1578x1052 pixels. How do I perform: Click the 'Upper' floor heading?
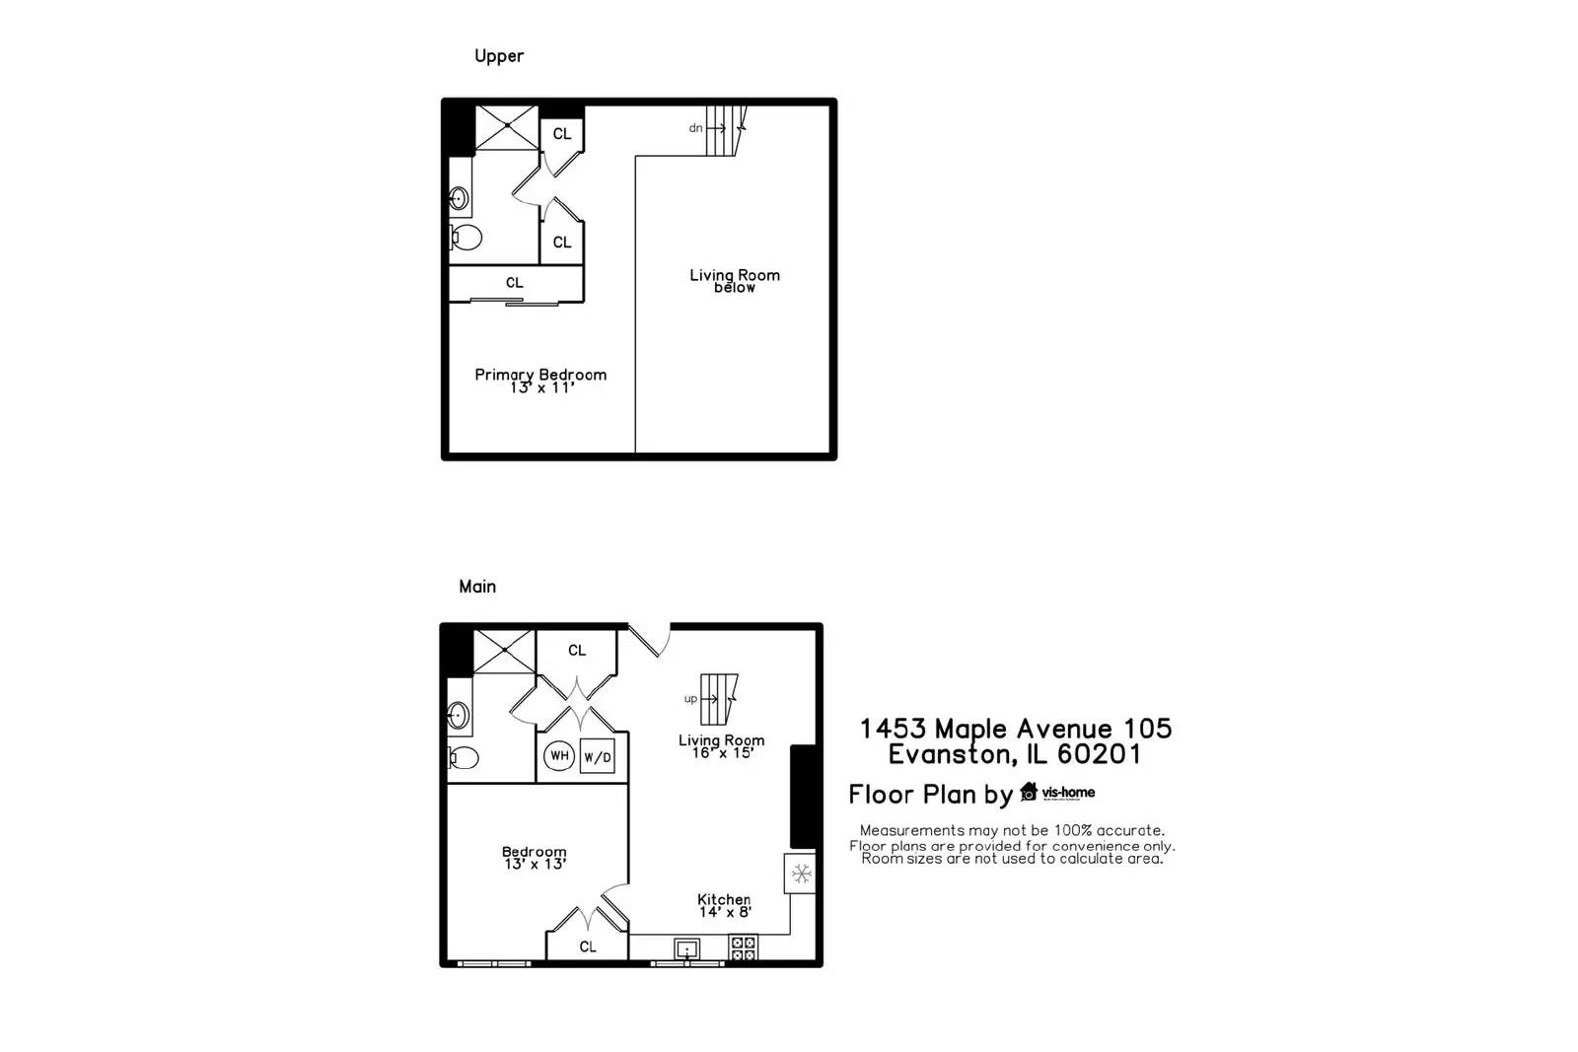[498, 56]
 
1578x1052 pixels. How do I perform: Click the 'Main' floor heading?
[477, 587]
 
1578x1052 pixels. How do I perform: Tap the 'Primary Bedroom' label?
[540, 375]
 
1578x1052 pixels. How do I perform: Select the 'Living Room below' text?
[735, 281]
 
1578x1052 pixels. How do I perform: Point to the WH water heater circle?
[559, 756]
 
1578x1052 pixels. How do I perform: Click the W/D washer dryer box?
[597, 756]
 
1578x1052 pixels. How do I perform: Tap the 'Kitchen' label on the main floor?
[724, 899]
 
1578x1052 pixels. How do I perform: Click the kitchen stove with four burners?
[743, 948]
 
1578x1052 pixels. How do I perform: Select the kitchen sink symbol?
[686, 949]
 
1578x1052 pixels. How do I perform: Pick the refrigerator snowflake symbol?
[802, 874]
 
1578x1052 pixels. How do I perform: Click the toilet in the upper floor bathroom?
[466, 238]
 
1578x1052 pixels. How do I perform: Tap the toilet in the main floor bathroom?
[463, 757]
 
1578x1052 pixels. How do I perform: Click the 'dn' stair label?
[695, 128]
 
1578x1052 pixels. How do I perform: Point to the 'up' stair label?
[690, 699]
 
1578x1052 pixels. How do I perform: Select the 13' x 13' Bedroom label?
[535, 858]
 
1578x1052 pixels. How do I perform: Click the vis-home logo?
[1057, 792]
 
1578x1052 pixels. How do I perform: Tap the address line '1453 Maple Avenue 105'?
[1015, 729]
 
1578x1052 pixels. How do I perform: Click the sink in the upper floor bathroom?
[459, 199]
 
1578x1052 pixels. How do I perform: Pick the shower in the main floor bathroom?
[504, 652]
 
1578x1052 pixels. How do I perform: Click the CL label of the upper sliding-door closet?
[515, 283]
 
